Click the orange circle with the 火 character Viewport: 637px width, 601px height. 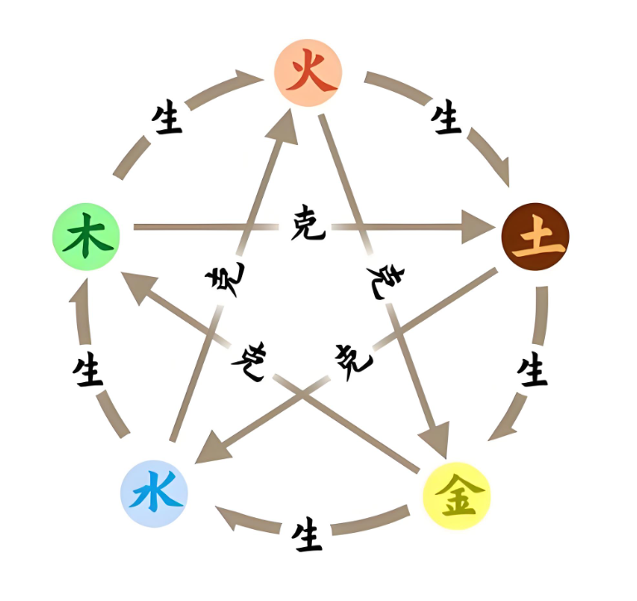[x=309, y=73]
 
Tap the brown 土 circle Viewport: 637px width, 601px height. [x=536, y=236]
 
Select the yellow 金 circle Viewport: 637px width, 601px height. [x=457, y=496]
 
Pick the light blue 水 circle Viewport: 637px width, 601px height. [x=154, y=494]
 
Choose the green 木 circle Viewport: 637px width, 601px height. [x=86, y=236]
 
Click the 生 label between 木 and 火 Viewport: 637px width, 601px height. [x=167, y=118]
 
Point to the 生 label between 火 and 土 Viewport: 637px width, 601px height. [x=446, y=117]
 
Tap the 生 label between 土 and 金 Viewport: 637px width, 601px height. [x=532, y=370]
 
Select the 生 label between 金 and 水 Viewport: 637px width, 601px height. [x=307, y=534]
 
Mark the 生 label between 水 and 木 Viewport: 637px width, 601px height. [x=88, y=370]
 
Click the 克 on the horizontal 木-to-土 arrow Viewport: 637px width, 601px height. [x=308, y=222]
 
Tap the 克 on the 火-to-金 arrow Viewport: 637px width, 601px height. [x=386, y=283]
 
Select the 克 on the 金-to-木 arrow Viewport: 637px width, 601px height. [x=250, y=361]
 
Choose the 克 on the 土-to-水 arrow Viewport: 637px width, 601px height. [x=353, y=362]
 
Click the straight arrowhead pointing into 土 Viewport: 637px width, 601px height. [x=478, y=226]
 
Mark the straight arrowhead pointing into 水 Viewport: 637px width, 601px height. [x=212, y=448]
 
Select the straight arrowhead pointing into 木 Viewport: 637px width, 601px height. [x=139, y=286]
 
